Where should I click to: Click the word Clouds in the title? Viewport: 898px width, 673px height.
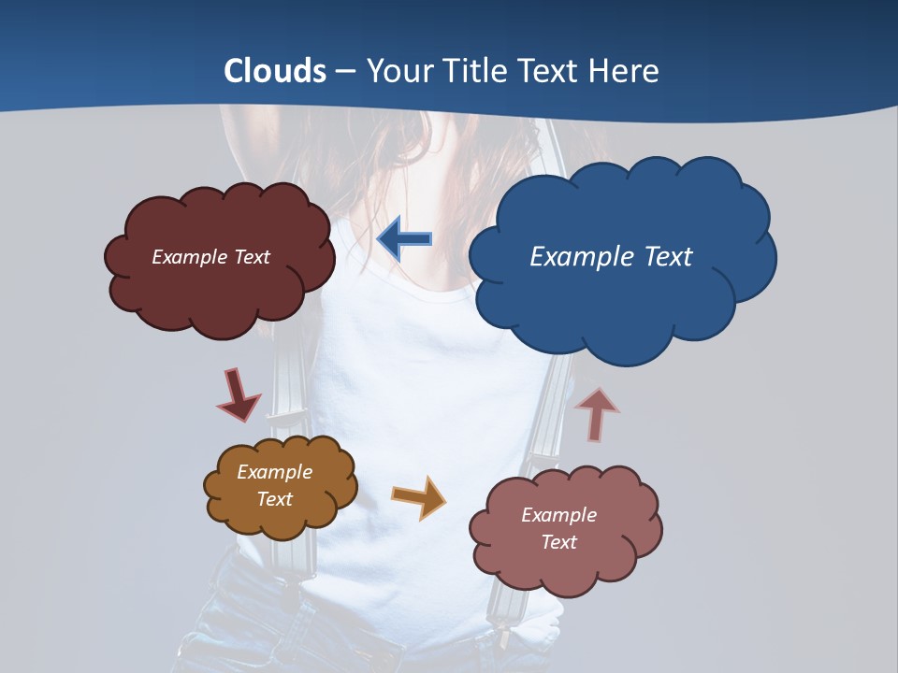click(275, 71)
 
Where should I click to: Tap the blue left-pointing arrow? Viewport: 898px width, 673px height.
click(404, 239)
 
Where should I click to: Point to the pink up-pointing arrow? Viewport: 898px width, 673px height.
click(597, 414)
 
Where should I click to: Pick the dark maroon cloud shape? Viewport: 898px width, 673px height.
click(220, 294)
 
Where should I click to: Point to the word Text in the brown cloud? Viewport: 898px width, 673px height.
click(275, 499)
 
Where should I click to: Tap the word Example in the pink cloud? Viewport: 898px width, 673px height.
click(558, 515)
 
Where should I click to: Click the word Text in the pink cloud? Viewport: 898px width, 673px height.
click(558, 542)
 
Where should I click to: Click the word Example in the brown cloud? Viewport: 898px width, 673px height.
click(275, 472)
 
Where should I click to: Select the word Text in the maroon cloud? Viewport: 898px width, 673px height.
click(252, 257)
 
